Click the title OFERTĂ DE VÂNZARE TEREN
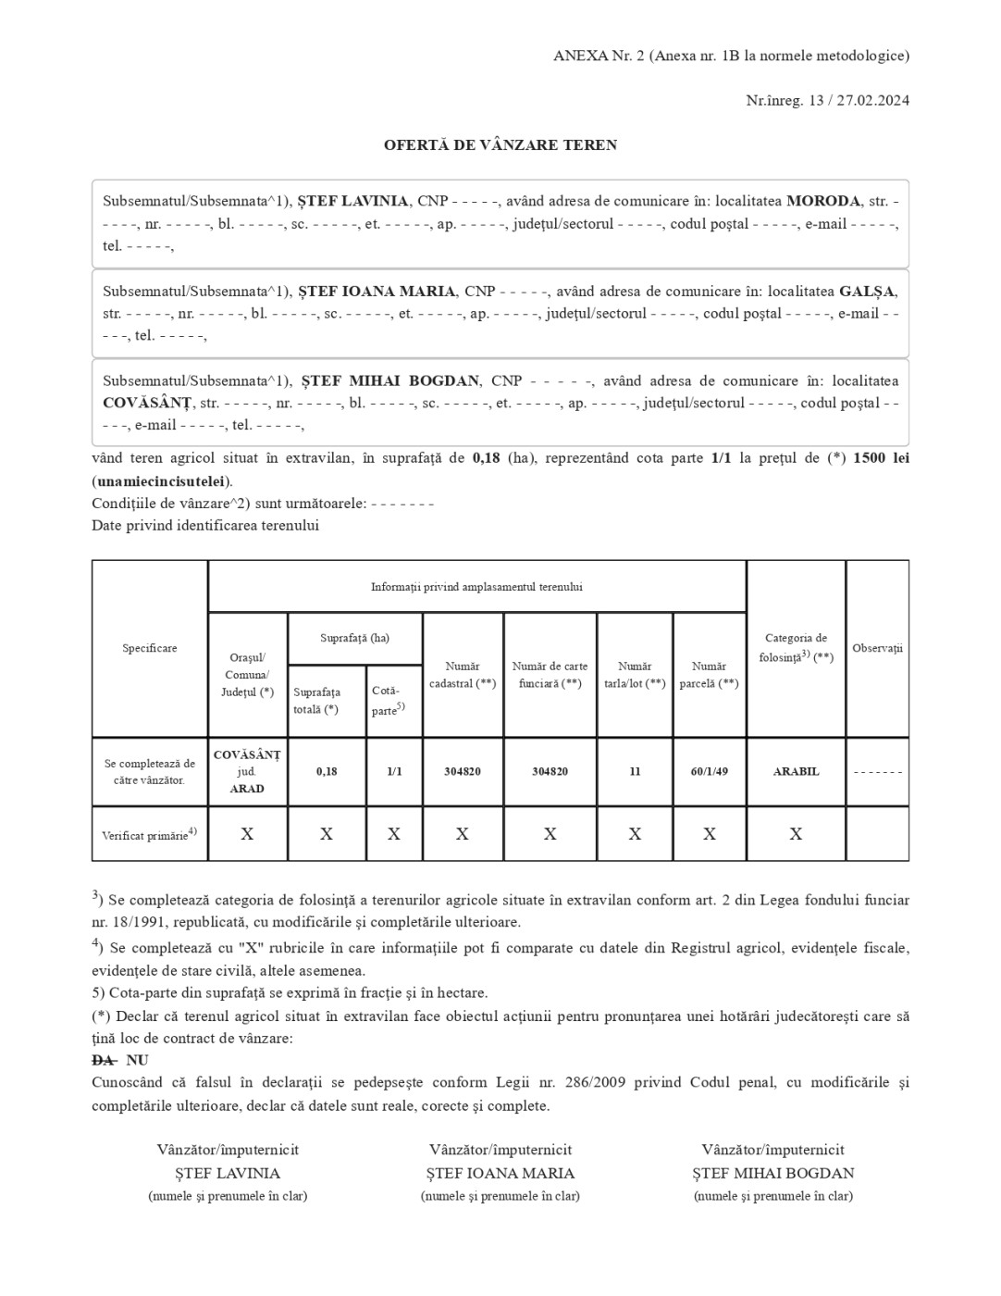pyautogui.click(x=500, y=145)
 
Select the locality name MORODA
pyautogui.click(x=823, y=201)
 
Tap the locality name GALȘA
pyautogui.click(x=868, y=291)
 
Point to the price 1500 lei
pyautogui.click(x=881, y=458)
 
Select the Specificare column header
pyautogui.click(x=150, y=648)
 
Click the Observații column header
pyautogui.click(x=877, y=648)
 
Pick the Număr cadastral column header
pyautogui.click(x=463, y=675)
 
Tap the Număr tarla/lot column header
pyautogui.click(x=635, y=675)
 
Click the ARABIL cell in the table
pyautogui.click(x=796, y=771)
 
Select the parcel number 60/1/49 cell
pyautogui.click(x=709, y=771)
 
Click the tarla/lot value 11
pyautogui.click(x=635, y=771)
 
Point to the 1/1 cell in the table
pyautogui.click(x=394, y=771)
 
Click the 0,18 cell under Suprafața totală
pyautogui.click(x=327, y=771)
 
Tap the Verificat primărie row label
pyautogui.click(x=149, y=834)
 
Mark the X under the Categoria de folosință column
pyautogui.click(x=796, y=834)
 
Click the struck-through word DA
pyautogui.click(x=104, y=1060)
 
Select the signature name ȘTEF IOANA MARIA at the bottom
pyautogui.click(x=500, y=1173)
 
